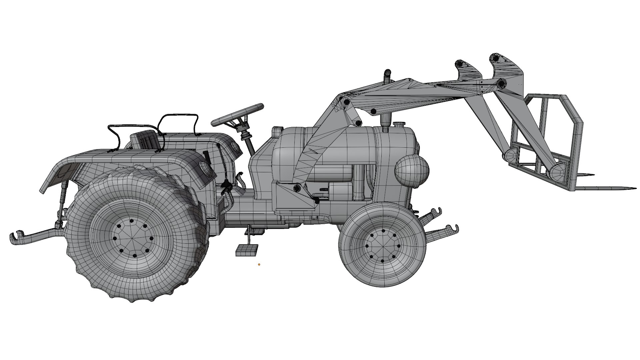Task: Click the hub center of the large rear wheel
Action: click(x=133, y=238)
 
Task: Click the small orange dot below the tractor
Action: click(x=259, y=264)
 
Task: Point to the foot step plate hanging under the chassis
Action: click(x=247, y=250)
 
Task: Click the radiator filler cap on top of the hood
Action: click(x=399, y=124)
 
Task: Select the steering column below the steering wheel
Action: click(x=249, y=142)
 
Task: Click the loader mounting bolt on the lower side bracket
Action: click(x=296, y=189)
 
